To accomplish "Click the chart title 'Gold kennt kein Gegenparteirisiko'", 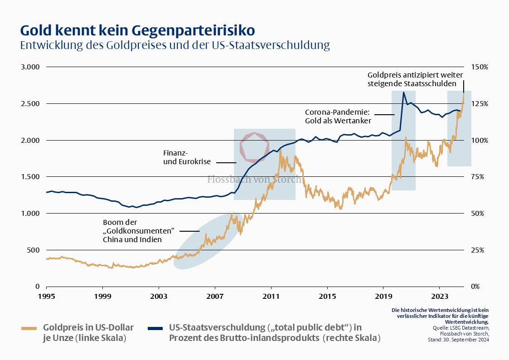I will pyautogui.click(x=137, y=30).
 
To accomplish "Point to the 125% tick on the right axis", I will pyautogui.click(x=480, y=103).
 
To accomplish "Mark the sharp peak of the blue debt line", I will pyautogui.click(x=403, y=92).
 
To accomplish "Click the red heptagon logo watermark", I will pyautogui.click(x=255, y=147).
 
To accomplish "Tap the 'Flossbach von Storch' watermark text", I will pyautogui.click(x=254, y=180).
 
